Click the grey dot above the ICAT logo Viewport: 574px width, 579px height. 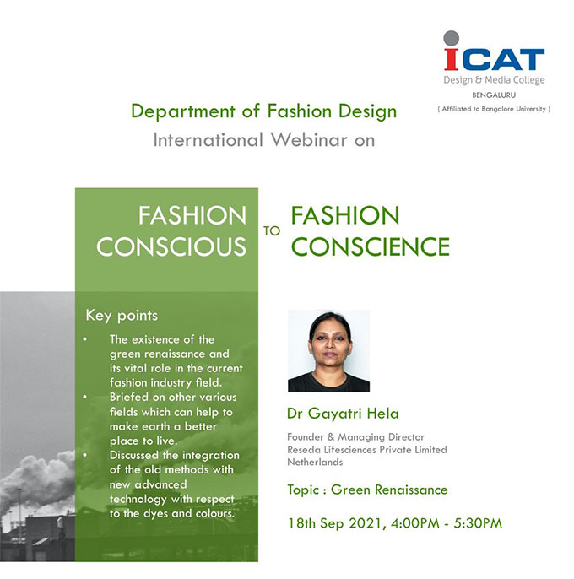[451, 38]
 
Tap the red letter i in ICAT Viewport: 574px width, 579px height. [451, 59]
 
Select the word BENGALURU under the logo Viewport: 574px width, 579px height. [494, 95]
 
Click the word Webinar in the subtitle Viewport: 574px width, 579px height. [309, 140]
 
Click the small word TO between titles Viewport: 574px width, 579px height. [272, 231]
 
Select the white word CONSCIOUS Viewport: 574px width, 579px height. [171, 246]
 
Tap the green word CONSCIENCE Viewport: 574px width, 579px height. [371, 246]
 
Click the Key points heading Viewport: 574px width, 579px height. [122, 316]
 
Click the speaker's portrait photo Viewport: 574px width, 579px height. [328, 350]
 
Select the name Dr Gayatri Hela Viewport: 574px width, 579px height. [343, 414]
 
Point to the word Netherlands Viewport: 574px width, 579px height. [315, 462]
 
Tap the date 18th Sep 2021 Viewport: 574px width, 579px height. [334, 523]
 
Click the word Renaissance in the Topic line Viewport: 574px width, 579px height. [411, 490]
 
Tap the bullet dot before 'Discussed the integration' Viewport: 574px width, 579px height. [85, 455]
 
